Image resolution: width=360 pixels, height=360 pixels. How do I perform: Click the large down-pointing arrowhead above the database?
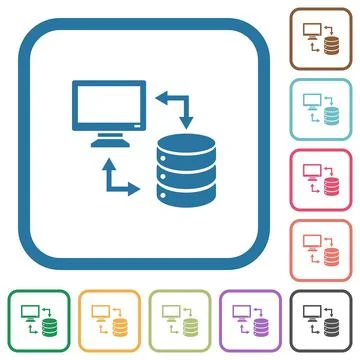coord(185,120)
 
